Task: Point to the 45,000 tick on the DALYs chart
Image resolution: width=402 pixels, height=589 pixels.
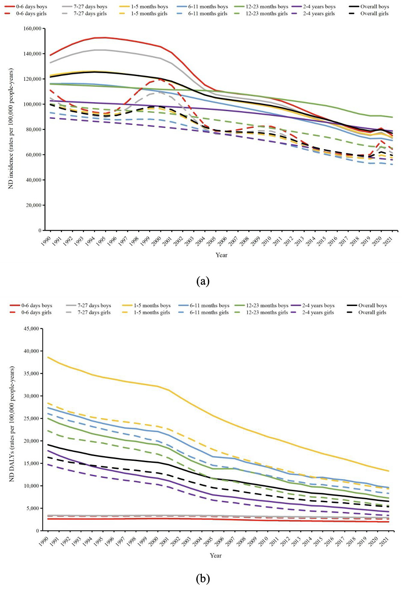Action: click(x=31, y=329)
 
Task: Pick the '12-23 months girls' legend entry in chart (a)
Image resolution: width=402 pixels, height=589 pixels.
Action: click(x=266, y=14)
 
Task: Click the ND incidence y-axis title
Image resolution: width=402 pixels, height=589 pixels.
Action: click(x=10, y=128)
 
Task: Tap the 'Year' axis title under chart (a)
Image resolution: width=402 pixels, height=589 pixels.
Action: click(x=222, y=255)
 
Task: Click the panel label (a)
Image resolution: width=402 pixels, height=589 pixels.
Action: click(x=203, y=281)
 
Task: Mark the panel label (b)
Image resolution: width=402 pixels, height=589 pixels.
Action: click(x=203, y=578)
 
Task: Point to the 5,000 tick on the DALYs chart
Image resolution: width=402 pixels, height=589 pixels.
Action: click(x=33, y=508)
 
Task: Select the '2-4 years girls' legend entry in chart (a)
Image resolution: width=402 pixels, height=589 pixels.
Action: click(x=319, y=14)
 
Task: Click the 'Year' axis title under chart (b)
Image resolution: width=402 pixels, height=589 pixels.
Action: click(x=216, y=555)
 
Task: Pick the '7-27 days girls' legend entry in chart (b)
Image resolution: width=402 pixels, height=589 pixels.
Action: click(x=94, y=312)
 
